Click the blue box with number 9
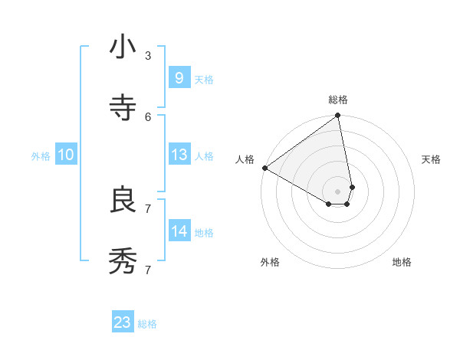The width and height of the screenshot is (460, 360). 179,77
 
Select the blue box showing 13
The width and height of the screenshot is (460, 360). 179,155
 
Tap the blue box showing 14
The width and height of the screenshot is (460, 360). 179,231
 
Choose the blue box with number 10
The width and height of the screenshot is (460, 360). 66,155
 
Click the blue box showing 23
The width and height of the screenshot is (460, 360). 123,322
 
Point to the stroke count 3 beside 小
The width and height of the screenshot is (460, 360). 148,55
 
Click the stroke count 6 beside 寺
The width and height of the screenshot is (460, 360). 148,116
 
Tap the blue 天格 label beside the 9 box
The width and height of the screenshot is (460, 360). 204,79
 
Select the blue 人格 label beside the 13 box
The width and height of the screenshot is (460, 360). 204,156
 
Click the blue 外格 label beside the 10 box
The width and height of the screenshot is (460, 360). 41,156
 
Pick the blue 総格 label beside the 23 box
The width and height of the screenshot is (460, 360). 147,324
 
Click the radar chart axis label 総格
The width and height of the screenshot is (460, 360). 338,100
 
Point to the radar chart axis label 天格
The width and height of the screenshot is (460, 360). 432,159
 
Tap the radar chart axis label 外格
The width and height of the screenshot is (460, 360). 270,262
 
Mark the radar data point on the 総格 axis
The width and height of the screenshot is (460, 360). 338,116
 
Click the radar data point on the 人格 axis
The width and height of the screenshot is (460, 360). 264,168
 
